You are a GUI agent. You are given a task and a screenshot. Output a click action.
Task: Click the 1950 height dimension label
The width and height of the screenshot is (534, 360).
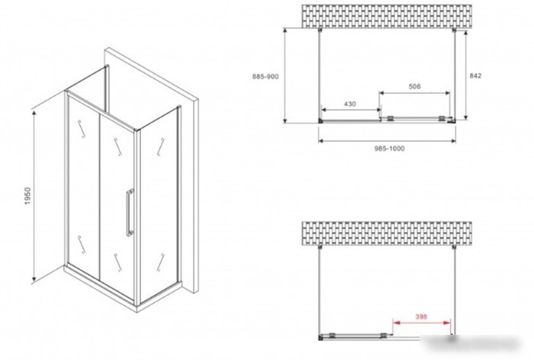pos(27,195)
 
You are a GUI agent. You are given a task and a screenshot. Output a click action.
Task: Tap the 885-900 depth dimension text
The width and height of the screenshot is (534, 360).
pos(265,76)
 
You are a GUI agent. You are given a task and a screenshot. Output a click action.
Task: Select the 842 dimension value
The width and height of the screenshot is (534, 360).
pos(475,76)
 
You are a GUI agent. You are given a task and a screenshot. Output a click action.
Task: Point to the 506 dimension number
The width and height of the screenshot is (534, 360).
pos(414,86)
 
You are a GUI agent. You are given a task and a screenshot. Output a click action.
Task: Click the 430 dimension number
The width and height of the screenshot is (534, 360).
pos(349,104)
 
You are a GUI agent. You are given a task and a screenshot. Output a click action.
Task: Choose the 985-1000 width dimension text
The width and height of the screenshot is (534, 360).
pos(390,149)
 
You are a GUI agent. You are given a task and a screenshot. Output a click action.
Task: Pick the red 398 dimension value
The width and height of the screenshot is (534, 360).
pos(421,317)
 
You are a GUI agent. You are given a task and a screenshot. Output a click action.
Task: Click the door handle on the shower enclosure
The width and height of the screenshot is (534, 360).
pos(129,212)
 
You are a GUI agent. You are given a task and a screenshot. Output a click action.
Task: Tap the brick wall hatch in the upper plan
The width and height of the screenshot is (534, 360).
pos(387,16)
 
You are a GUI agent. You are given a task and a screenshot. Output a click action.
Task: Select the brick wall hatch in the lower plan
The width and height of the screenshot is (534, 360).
pos(387,233)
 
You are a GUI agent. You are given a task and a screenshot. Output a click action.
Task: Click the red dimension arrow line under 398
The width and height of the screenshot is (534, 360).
pos(422,323)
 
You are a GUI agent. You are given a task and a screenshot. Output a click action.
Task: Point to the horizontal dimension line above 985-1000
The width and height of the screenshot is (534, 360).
pos(388,140)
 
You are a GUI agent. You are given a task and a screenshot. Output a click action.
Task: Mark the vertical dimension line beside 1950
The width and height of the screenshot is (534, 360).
pos(34,197)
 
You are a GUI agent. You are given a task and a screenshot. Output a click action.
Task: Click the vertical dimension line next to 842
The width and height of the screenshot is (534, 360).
pos(465,76)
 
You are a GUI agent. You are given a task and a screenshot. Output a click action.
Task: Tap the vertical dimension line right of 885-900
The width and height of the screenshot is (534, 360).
pos(285,76)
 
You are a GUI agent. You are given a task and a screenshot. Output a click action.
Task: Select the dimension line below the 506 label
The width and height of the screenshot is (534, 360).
pos(415,92)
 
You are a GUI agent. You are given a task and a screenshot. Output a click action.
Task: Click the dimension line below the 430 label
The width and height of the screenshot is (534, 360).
pos(351,110)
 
